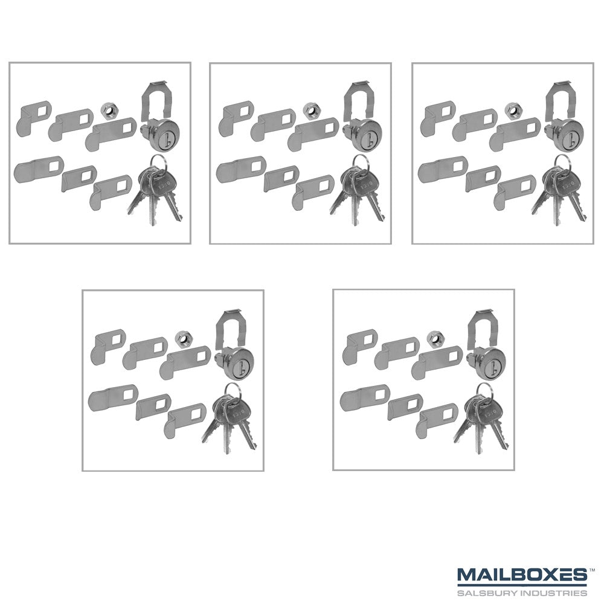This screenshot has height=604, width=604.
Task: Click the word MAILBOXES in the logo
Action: [x=522, y=575]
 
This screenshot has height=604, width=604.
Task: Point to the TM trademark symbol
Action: [x=592, y=568]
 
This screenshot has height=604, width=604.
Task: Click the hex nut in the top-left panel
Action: [x=108, y=111]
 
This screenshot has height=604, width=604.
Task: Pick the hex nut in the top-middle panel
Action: [x=310, y=111]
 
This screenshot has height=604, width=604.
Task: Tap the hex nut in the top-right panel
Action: [x=512, y=111]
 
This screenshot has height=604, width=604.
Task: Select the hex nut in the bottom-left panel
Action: [x=182, y=339]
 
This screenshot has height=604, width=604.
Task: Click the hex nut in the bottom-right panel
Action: [x=434, y=339]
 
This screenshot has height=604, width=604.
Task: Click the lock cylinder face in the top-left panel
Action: [x=161, y=135]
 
